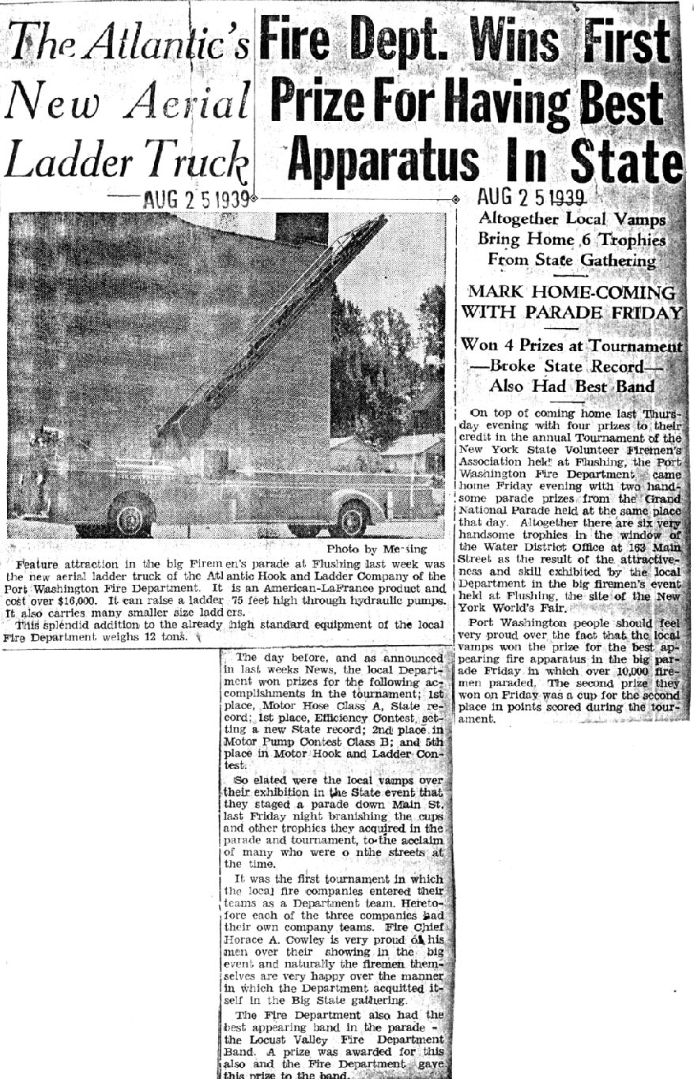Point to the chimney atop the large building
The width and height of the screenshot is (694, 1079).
point(301,228)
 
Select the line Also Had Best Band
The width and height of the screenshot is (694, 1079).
point(573,387)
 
